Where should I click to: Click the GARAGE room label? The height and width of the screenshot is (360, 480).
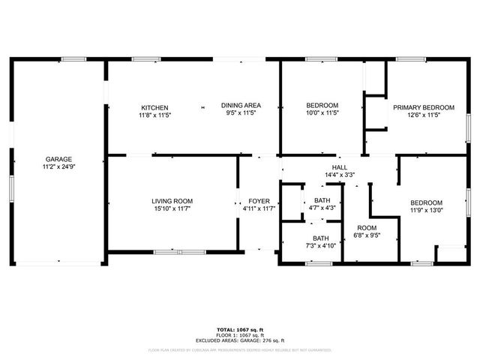58,159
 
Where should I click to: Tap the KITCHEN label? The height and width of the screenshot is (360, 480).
154,107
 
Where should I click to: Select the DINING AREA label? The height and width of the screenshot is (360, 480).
241,105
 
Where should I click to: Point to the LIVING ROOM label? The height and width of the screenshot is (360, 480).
172,201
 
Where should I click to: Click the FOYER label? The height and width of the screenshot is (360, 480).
259,201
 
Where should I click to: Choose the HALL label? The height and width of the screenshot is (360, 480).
340,167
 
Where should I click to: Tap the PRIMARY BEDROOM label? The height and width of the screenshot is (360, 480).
424,107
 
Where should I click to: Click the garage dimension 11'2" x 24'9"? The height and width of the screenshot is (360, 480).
58,166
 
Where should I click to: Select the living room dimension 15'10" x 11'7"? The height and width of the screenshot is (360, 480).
172,208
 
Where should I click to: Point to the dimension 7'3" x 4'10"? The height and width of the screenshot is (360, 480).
322,245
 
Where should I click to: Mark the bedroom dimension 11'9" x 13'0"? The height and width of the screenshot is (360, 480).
425,210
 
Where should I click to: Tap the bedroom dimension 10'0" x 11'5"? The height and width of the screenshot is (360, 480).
322,113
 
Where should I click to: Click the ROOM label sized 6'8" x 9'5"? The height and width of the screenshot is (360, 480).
367,228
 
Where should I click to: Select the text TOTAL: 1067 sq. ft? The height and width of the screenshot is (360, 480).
240,329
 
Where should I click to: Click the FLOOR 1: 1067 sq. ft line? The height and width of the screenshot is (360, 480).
240,334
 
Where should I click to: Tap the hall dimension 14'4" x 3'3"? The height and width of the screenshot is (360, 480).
340,175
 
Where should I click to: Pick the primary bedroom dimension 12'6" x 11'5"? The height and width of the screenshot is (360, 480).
424,115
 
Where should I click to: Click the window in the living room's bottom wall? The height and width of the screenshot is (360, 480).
179,251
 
